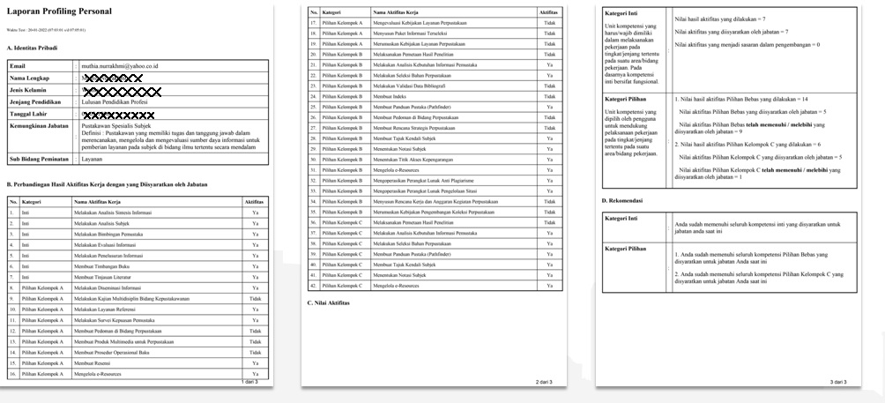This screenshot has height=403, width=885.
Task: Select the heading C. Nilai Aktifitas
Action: (330, 302)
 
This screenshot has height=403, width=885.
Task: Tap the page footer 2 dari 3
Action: (544, 381)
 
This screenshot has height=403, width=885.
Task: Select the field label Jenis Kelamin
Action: (28, 90)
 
